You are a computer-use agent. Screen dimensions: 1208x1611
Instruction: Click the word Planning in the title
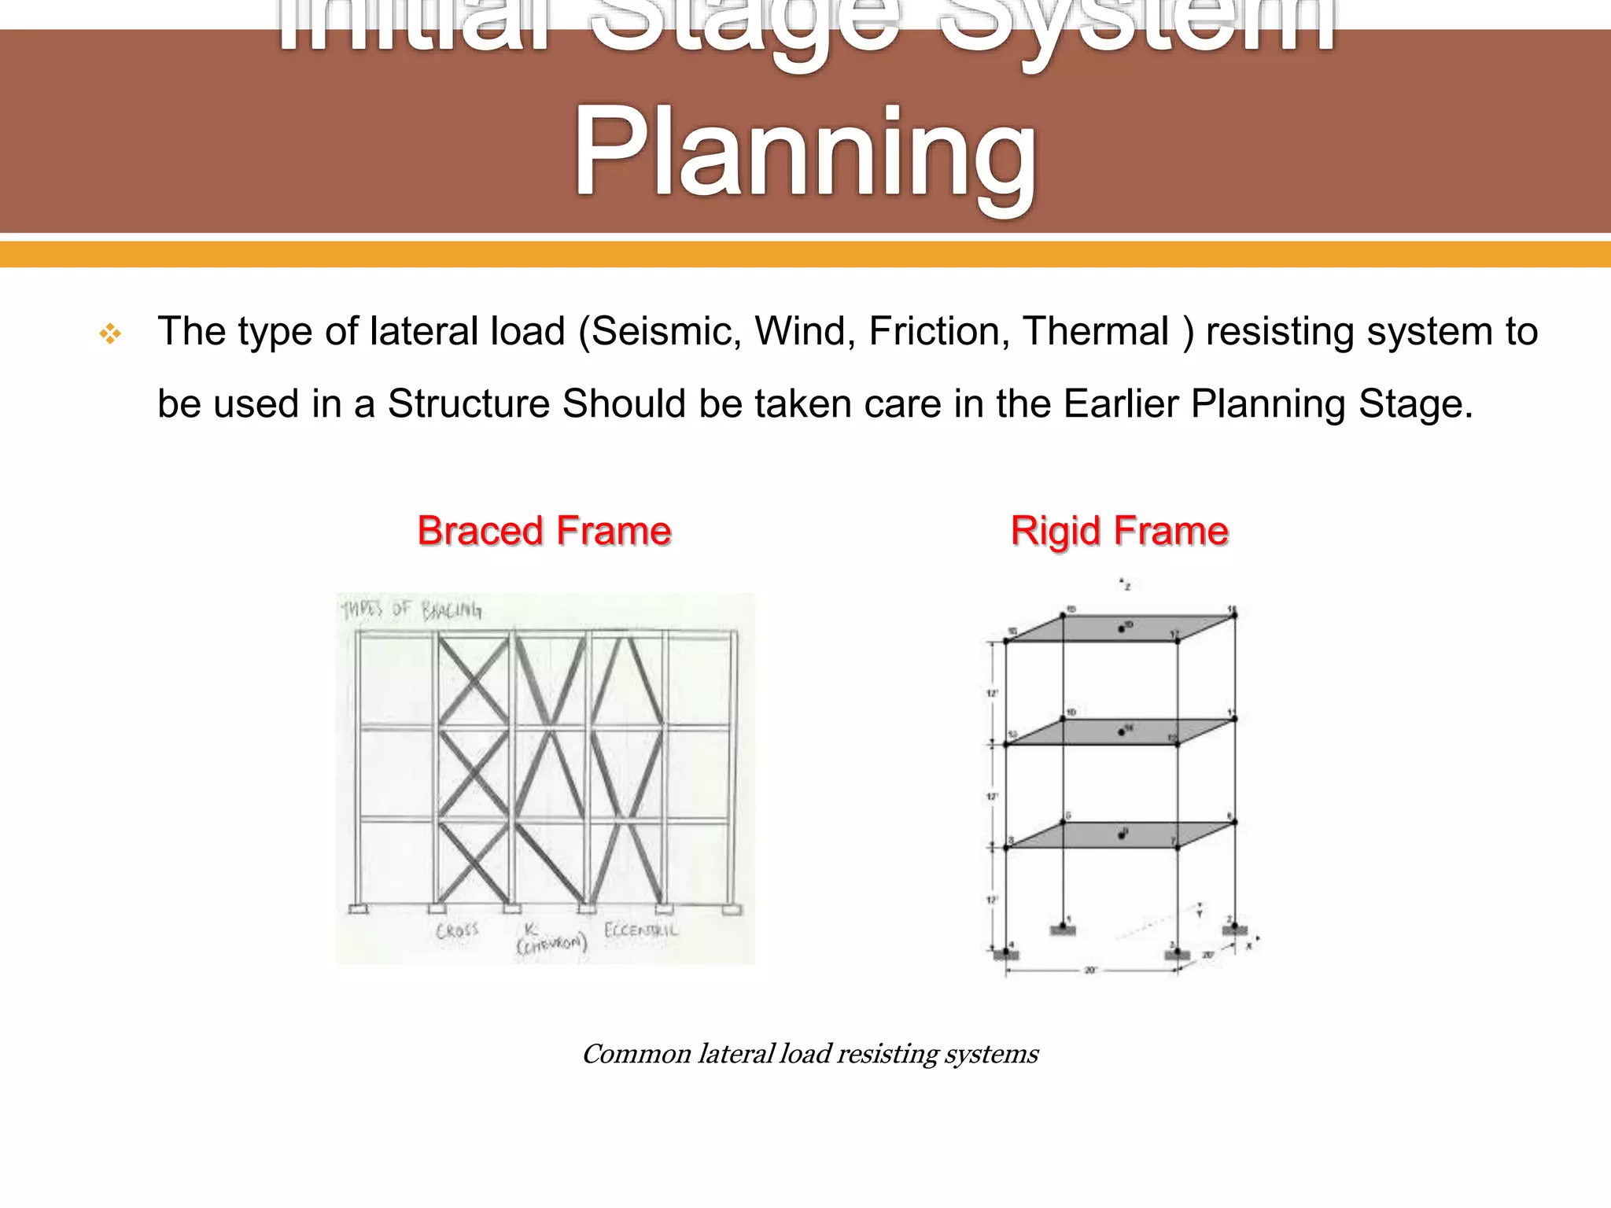(804, 153)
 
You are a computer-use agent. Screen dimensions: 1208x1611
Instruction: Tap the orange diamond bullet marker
(110, 335)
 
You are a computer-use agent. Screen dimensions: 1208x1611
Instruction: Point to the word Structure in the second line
(469, 403)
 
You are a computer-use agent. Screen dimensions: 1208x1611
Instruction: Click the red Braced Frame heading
(544, 531)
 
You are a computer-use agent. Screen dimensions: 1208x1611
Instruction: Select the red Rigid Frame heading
(1119, 531)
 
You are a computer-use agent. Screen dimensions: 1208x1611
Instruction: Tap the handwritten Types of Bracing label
(411, 610)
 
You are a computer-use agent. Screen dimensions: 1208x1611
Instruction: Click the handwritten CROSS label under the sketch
(457, 930)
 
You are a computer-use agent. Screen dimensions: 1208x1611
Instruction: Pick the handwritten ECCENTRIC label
(640, 930)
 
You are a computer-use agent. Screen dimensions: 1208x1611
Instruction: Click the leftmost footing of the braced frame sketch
(357, 910)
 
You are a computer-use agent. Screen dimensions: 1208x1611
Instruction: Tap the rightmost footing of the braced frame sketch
(732, 910)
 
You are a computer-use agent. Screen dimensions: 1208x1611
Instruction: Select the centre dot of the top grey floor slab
(1122, 629)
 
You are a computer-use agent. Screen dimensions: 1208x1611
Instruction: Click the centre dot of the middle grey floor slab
(1122, 732)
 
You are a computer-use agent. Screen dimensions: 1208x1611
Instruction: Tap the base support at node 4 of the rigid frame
(1006, 954)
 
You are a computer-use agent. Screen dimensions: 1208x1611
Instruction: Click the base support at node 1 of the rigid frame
(1063, 930)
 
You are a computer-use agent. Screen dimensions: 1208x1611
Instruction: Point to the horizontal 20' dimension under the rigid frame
(1090, 970)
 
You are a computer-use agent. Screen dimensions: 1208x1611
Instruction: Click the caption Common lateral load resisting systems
(809, 1054)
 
